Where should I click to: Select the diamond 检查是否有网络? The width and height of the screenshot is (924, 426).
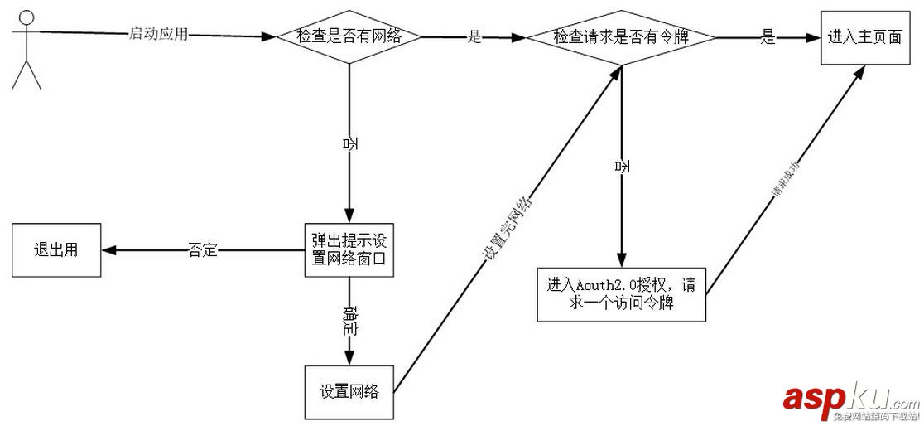tap(349, 36)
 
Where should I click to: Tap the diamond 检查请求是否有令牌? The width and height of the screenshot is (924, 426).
tap(621, 37)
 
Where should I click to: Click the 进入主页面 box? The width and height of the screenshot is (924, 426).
tap(864, 37)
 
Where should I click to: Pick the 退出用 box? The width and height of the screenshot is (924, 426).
tap(55, 249)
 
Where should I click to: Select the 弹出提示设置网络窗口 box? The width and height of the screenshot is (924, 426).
tap(347, 249)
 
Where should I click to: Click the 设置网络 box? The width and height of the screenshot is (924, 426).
tap(349, 391)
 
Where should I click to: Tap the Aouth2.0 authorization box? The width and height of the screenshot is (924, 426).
tap(621, 293)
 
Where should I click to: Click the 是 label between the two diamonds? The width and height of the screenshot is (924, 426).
tap(474, 36)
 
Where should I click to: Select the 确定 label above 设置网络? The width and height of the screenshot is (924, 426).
tap(350, 321)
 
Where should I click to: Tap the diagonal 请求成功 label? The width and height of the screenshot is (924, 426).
tap(785, 182)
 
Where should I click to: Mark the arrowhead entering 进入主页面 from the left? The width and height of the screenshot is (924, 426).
tap(811, 37)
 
